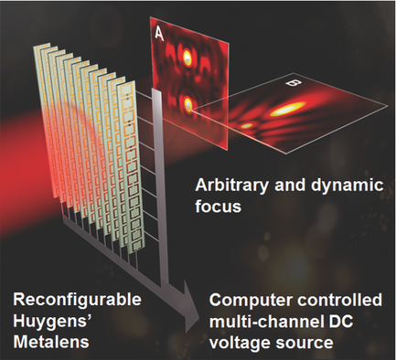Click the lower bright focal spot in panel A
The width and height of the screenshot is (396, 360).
pyautogui.click(x=188, y=104)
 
